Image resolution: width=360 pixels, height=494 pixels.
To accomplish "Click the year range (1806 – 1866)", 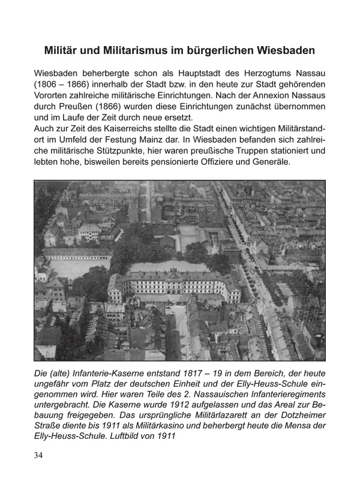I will [x=67, y=84].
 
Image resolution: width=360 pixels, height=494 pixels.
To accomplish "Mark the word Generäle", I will [x=269, y=162].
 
